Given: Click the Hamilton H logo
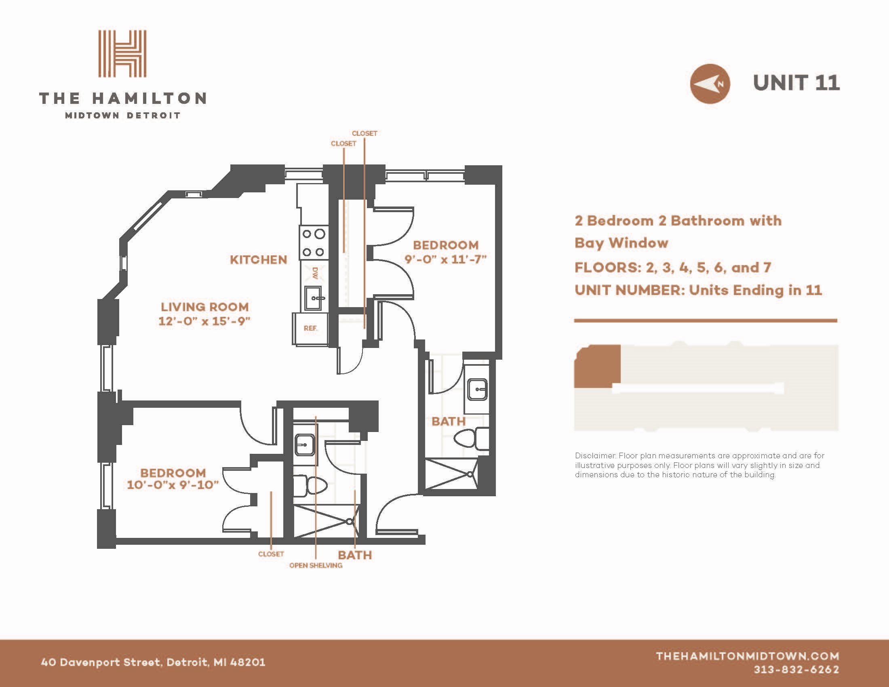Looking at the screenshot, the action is (x=122, y=53).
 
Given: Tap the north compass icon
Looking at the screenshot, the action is (x=710, y=84).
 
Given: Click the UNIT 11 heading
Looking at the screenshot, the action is (x=796, y=83).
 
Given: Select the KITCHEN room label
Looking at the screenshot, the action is (x=259, y=260).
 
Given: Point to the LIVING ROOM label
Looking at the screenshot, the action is (x=204, y=307).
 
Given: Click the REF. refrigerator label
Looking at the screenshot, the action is (x=310, y=328).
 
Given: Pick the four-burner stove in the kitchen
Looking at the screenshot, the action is (x=314, y=243).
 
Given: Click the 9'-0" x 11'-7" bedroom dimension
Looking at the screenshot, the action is (x=446, y=259).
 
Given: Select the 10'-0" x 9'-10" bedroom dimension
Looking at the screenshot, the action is (x=173, y=485).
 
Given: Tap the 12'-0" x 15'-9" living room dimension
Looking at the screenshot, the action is (x=204, y=321).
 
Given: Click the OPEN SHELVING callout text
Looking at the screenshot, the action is (x=316, y=565).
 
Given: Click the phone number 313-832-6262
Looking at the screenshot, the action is (x=796, y=670).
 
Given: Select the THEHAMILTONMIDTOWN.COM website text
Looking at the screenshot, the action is (x=747, y=656).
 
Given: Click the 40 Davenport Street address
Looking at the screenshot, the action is (x=153, y=662).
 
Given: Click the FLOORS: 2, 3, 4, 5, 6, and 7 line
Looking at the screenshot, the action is (x=672, y=268).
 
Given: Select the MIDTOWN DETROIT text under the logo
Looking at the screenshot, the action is (x=122, y=116).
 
